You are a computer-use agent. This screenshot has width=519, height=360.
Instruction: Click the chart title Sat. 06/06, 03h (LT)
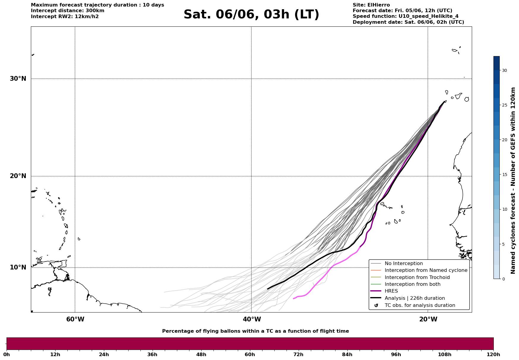click(x=251, y=15)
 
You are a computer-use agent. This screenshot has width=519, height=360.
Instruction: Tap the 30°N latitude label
click(x=18, y=79)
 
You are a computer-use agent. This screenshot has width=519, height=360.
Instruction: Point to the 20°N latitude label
click(x=18, y=176)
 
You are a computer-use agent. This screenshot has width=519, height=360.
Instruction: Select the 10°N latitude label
click(x=18, y=267)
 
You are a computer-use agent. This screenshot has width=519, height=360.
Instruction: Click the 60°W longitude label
click(x=75, y=319)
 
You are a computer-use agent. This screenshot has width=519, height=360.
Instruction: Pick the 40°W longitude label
click(x=252, y=319)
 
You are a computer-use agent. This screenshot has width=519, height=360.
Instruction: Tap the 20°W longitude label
click(x=428, y=319)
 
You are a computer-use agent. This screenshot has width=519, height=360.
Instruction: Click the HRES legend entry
click(x=391, y=291)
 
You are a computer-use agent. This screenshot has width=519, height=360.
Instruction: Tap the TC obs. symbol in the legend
click(x=376, y=305)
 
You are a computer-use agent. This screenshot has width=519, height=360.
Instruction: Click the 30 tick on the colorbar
click(x=504, y=70)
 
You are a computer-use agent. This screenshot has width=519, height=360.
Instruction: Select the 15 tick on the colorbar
click(x=504, y=175)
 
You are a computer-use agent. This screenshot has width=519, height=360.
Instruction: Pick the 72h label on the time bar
click(x=298, y=354)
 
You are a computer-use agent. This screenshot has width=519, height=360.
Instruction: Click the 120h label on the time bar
click(x=493, y=354)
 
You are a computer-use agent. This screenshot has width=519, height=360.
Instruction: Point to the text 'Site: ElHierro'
click(x=371, y=5)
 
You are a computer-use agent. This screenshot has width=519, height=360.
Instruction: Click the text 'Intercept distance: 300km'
click(x=68, y=11)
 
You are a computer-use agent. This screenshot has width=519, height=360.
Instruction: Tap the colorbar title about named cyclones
click(x=513, y=180)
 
